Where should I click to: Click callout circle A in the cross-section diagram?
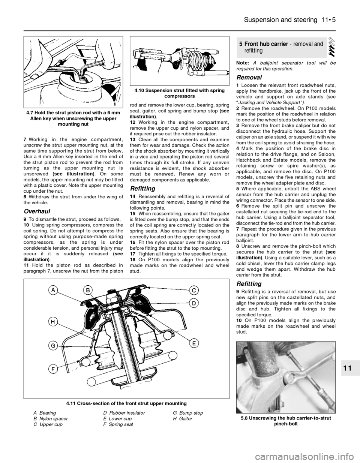click(52, 290)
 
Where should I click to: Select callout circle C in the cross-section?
click(194, 290)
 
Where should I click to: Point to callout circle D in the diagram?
click(194, 303)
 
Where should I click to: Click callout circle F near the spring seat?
click(52, 369)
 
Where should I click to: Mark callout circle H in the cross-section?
click(52, 322)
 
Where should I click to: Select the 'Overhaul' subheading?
click(37, 211)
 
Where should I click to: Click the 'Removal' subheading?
click(249, 77)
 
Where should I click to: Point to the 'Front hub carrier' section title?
click(266, 44)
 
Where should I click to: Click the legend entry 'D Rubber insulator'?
click(124, 419)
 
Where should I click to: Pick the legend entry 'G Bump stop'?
click(188, 419)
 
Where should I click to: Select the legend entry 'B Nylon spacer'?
click(51, 424)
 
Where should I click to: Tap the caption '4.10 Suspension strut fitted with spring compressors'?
click(180, 93)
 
